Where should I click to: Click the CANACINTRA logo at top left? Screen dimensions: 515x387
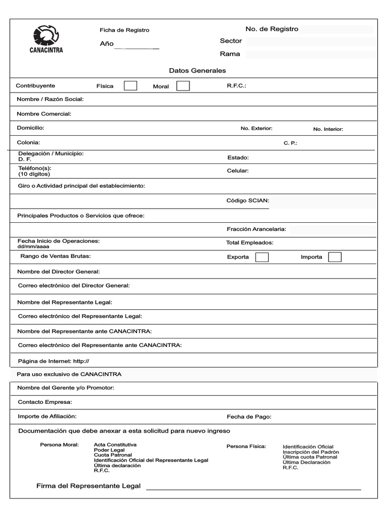(46, 39)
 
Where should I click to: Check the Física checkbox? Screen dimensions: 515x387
(131, 85)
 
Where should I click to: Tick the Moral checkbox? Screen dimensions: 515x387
(183, 86)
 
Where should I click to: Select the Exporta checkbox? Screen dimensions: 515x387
(262, 257)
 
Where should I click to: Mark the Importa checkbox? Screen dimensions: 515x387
(335, 257)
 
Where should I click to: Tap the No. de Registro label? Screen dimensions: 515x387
(272, 29)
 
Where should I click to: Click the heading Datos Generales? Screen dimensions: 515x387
(198, 70)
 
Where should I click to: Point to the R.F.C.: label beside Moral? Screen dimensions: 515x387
(236, 86)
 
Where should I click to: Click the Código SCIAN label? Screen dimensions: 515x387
(247, 201)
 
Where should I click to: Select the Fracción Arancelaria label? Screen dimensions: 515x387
(256, 229)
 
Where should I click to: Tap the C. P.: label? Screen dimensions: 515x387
(290, 143)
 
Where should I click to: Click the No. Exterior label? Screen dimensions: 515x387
(256, 129)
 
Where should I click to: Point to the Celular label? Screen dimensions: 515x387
(237, 171)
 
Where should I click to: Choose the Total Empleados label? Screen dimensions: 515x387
(249, 243)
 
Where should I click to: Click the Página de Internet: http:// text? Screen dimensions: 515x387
(53, 361)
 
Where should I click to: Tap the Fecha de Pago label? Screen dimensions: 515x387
(249, 416)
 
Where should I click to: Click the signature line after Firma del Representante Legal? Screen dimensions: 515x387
(253, 487)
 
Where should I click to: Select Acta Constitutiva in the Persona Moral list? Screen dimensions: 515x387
(115, 445)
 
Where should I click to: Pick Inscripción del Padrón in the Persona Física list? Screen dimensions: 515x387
(310, 452)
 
